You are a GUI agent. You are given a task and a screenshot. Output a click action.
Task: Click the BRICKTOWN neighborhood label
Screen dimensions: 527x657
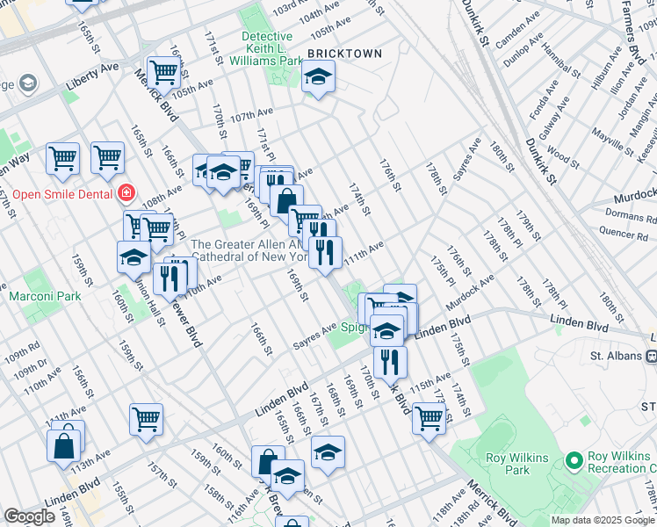click(344, 54)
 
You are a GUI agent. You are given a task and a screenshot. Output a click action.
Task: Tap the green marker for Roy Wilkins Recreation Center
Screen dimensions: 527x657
click(574, 460)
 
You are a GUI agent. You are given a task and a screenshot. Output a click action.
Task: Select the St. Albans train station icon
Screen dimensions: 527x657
click(651, 356)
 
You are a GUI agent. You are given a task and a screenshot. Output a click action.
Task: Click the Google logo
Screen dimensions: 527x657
click(30, 516)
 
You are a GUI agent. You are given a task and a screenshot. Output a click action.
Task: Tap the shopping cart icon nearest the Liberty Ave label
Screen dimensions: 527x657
click(163, 71)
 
